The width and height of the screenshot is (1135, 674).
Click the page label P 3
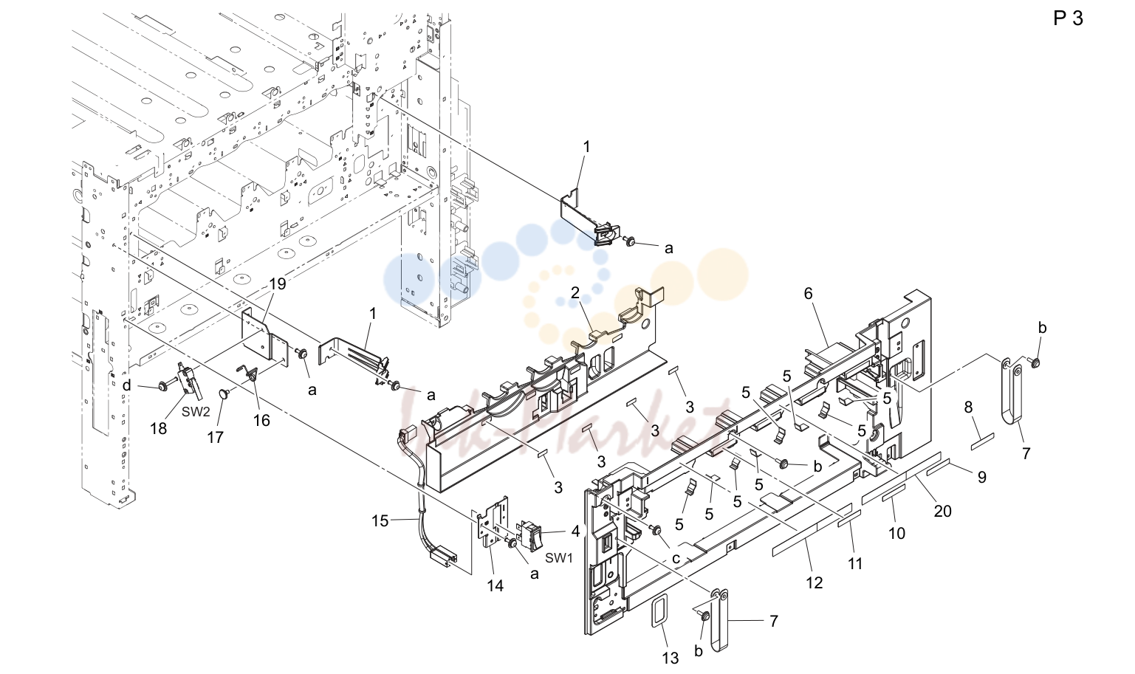(1068, 18)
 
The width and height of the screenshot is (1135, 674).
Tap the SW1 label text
(559, 558)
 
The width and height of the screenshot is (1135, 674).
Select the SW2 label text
(196, 412)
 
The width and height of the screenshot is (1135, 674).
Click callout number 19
(278, 283)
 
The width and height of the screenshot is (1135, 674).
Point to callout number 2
(575, 292)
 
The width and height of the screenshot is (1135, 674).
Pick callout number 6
(808, 294)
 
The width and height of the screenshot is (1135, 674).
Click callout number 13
(671, 658)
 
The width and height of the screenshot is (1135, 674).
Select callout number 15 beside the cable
(380, 520)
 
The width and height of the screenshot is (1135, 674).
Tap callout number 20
(942, 512)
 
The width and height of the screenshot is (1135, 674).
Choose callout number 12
(815, 583)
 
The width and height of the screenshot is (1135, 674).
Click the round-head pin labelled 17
(223, 393)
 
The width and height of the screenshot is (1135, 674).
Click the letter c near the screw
(676, 559)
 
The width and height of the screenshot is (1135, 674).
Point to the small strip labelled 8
(982, 441)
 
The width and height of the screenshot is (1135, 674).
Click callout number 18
(158, 428)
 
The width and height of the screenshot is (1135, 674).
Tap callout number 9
(982, 477)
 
